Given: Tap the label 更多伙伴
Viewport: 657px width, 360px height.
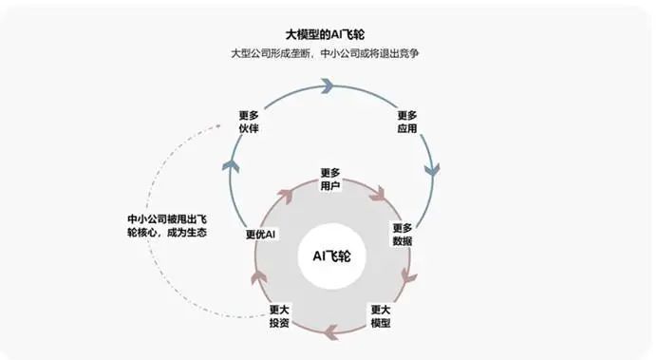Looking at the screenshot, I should tap(250, 122).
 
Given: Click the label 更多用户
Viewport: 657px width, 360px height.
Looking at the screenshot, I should tap(329, 180).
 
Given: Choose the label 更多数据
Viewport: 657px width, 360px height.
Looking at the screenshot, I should tap(402, 235).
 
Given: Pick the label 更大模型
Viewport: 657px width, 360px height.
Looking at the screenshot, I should tap(380, 316).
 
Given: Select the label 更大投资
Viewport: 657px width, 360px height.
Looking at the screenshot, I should tap(279, 316).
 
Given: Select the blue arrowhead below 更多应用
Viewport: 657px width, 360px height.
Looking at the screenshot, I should tap(431, 172).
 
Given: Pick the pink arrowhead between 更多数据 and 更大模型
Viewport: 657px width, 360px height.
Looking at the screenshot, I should tap(410, 277).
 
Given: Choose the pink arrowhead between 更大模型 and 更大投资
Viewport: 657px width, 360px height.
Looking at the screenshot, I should tap(331, 332).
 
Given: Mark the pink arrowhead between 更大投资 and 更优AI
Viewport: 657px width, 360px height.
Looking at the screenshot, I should tap(255, 277).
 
